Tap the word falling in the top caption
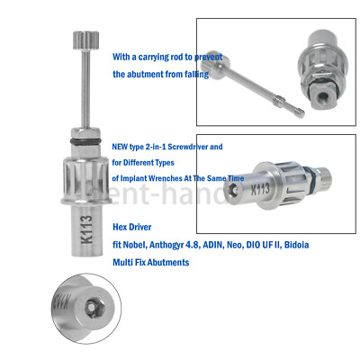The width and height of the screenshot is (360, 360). tap(193, 74)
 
